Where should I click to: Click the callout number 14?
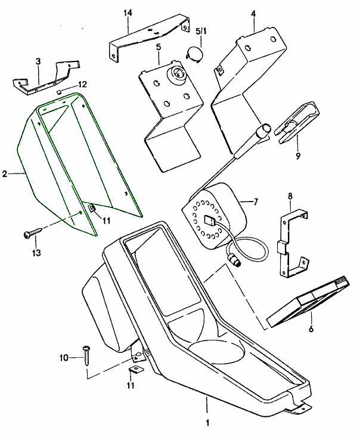(x=127, y=13)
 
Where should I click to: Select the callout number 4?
(x=253, y=13)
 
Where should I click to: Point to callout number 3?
(x=38, y=61)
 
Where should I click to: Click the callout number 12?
(x=83, y=84)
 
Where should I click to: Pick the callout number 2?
(x=5, y=173)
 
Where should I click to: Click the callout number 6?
(x=311, y=329)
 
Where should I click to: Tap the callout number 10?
(x=65, y=358)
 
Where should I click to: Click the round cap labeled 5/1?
(x=195, y=53)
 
